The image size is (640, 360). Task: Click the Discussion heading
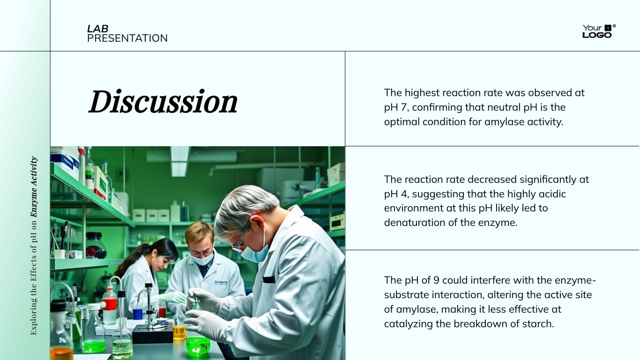(163, 102)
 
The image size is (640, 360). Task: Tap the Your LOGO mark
(598, 31)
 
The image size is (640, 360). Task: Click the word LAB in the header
(97, 29)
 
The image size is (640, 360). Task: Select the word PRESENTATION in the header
(127, 38)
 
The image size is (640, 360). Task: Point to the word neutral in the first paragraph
(490, 107)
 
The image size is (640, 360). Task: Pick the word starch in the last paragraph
(539, 324)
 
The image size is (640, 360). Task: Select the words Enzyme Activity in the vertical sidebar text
(34, 187)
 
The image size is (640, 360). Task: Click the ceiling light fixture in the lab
(179, 161)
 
